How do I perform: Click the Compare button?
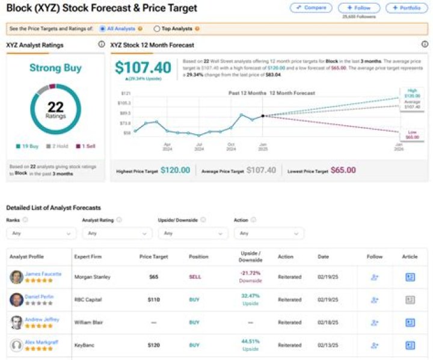click(311, 8)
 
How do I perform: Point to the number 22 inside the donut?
click(55, 107)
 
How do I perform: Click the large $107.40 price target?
click(143, 67)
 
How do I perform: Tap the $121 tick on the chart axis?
click(126, 93)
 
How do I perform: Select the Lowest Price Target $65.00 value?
click(343, 170)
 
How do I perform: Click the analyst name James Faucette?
click(44, 274)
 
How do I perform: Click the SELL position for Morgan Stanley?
click(194, 278)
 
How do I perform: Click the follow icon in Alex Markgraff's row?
click(374, 346)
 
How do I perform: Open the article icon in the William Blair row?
click(410, 323)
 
